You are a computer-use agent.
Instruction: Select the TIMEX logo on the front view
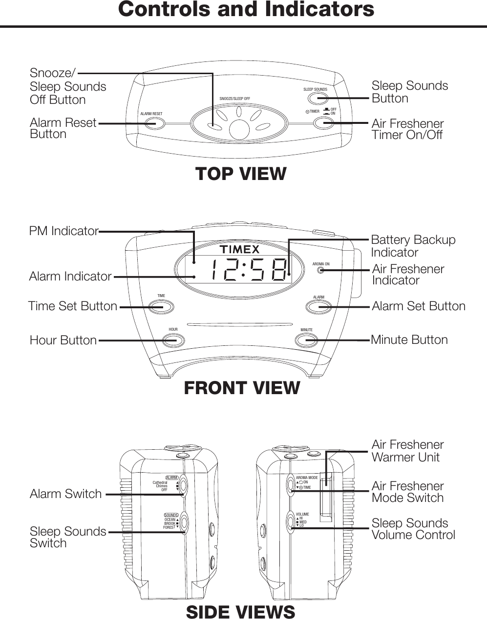239,250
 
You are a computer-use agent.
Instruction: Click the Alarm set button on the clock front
318,307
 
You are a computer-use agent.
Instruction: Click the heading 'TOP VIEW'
241,174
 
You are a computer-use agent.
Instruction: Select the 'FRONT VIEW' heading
242,388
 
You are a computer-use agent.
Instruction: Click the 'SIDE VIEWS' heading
240,612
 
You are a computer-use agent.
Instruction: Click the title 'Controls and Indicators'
246,9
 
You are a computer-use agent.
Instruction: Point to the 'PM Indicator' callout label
64,231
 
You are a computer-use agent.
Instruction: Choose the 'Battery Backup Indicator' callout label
413,246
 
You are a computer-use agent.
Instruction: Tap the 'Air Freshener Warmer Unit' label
407,451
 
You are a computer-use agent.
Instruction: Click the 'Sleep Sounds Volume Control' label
413,529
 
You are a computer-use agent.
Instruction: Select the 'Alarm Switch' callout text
65,494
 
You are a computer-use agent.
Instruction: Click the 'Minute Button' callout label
409,339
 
